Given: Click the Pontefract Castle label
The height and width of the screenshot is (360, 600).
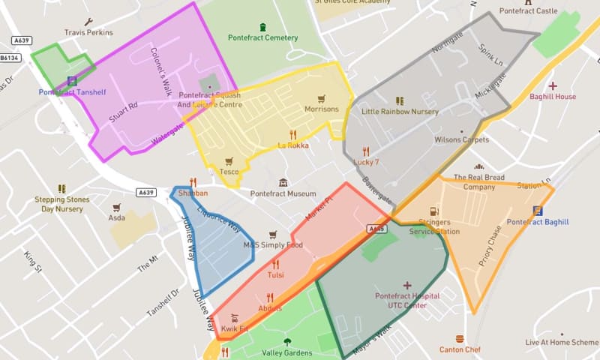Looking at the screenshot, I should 529,11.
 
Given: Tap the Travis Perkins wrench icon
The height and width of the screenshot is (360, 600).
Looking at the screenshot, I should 88,22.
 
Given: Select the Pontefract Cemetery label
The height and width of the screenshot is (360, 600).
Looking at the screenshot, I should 262,37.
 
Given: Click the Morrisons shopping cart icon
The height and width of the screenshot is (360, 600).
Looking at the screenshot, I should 322,98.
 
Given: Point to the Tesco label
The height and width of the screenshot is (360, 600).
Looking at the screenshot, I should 229,172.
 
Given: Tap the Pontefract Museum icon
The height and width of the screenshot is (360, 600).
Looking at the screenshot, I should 283,182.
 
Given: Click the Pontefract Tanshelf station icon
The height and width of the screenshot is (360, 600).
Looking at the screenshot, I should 72,81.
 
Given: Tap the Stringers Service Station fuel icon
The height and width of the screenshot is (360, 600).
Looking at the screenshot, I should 433,212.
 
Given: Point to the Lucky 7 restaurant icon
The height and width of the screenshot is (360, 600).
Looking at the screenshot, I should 366,151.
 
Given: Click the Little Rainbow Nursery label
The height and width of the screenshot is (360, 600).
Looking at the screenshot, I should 400,111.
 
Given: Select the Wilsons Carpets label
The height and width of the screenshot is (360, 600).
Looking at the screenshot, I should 461,139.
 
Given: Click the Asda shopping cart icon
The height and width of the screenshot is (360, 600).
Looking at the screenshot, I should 116,207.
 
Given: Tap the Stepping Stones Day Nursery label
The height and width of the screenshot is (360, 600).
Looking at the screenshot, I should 61,204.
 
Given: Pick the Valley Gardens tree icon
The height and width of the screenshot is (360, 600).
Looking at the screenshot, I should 286,342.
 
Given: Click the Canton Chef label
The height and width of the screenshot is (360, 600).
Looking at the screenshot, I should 459,349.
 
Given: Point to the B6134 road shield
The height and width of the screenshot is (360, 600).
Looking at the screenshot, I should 10,57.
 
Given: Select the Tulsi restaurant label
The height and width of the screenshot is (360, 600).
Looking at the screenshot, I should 275,275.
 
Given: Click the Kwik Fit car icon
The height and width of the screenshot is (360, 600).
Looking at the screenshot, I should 234,317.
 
